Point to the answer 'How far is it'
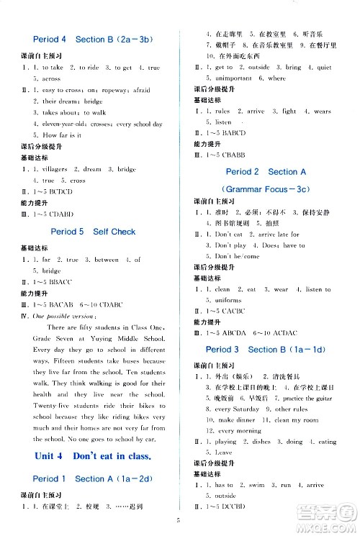coord(52,135)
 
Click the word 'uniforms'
coord(220,300)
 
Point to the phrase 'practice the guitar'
coord(310,397)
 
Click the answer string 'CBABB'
coord(236,155)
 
